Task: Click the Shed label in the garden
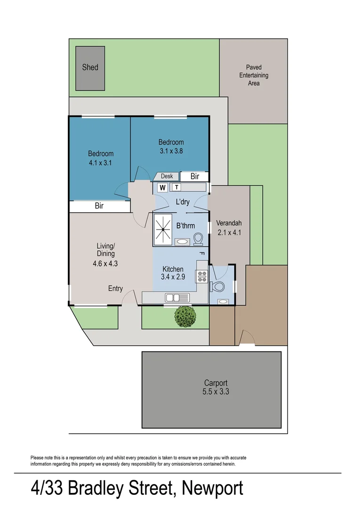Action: tap(90, 67)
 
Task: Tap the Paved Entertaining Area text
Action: tap(254, 75)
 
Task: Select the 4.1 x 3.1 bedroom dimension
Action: tap(101, 163)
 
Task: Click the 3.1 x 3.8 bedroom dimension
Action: tap(171, 151)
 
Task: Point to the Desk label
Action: tap(167, 176)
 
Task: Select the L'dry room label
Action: tap(182, 202)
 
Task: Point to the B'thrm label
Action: tap(185, 226)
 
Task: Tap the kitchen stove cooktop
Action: tap(202, 277)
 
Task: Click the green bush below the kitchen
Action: tap(184, 317)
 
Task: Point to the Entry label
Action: tap(115, 288)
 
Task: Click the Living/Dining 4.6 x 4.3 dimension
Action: tap(105, 263)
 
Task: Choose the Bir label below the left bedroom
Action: tap(99, 206)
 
